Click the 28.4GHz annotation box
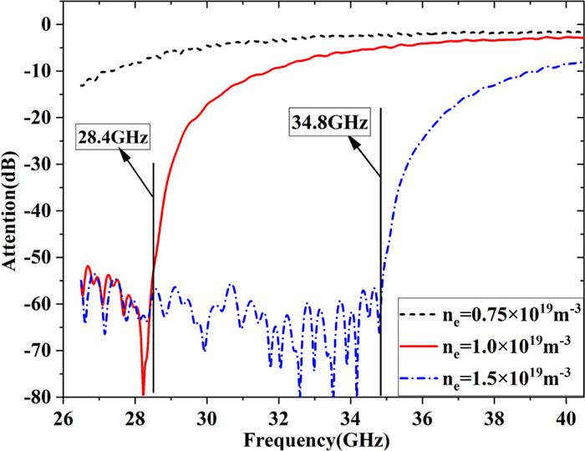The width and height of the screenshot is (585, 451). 113,135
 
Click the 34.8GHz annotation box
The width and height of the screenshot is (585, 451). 328,122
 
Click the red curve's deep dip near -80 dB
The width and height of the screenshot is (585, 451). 143,393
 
